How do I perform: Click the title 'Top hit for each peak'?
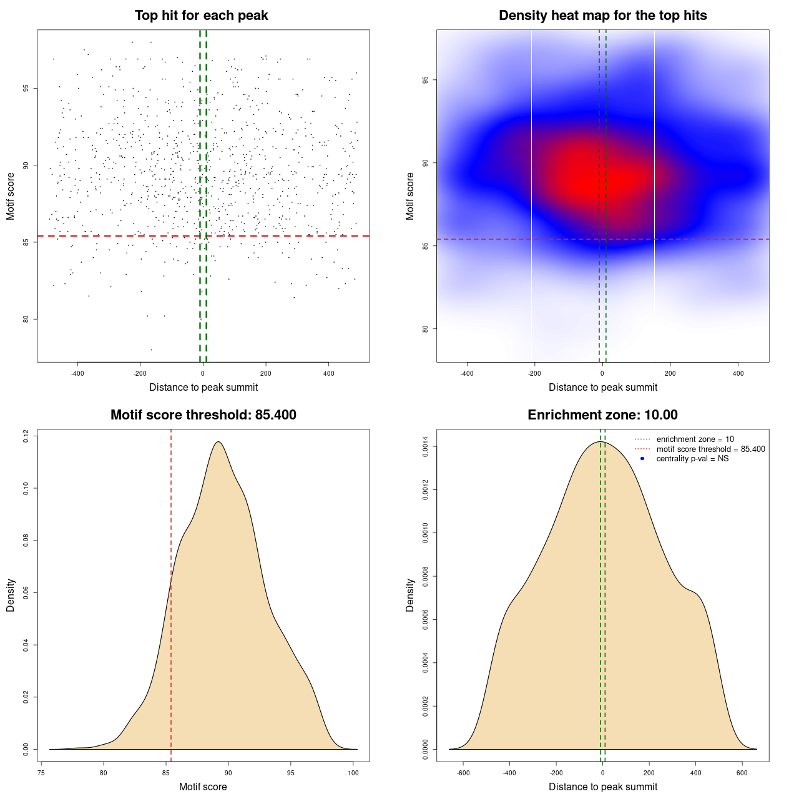click(201, 16)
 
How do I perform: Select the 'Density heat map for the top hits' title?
click(602, 16)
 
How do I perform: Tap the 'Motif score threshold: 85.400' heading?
click(203, 415)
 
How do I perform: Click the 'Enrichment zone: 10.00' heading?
click(602, 415)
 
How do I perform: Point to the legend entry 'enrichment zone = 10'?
click(695, 439)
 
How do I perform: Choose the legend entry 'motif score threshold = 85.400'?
click(710, 449)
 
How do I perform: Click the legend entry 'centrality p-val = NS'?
click(692, 459)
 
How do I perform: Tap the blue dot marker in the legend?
click(642, 459)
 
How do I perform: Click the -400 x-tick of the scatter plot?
click(77, 373)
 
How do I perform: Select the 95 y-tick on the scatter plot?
click(26, 88)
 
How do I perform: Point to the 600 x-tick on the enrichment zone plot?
click(742, 773)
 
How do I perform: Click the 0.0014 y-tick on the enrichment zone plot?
click(426, 447)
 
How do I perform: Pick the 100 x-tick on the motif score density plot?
click(353, 773)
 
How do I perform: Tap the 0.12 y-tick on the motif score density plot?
click(26, 436)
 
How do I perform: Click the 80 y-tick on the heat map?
click(426, 329)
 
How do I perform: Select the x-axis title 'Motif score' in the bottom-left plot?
click(203, 787)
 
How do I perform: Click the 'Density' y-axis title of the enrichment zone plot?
click(410, 595)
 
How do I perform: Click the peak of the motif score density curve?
click(218, 442)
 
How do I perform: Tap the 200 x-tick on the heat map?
click(670, 373)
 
